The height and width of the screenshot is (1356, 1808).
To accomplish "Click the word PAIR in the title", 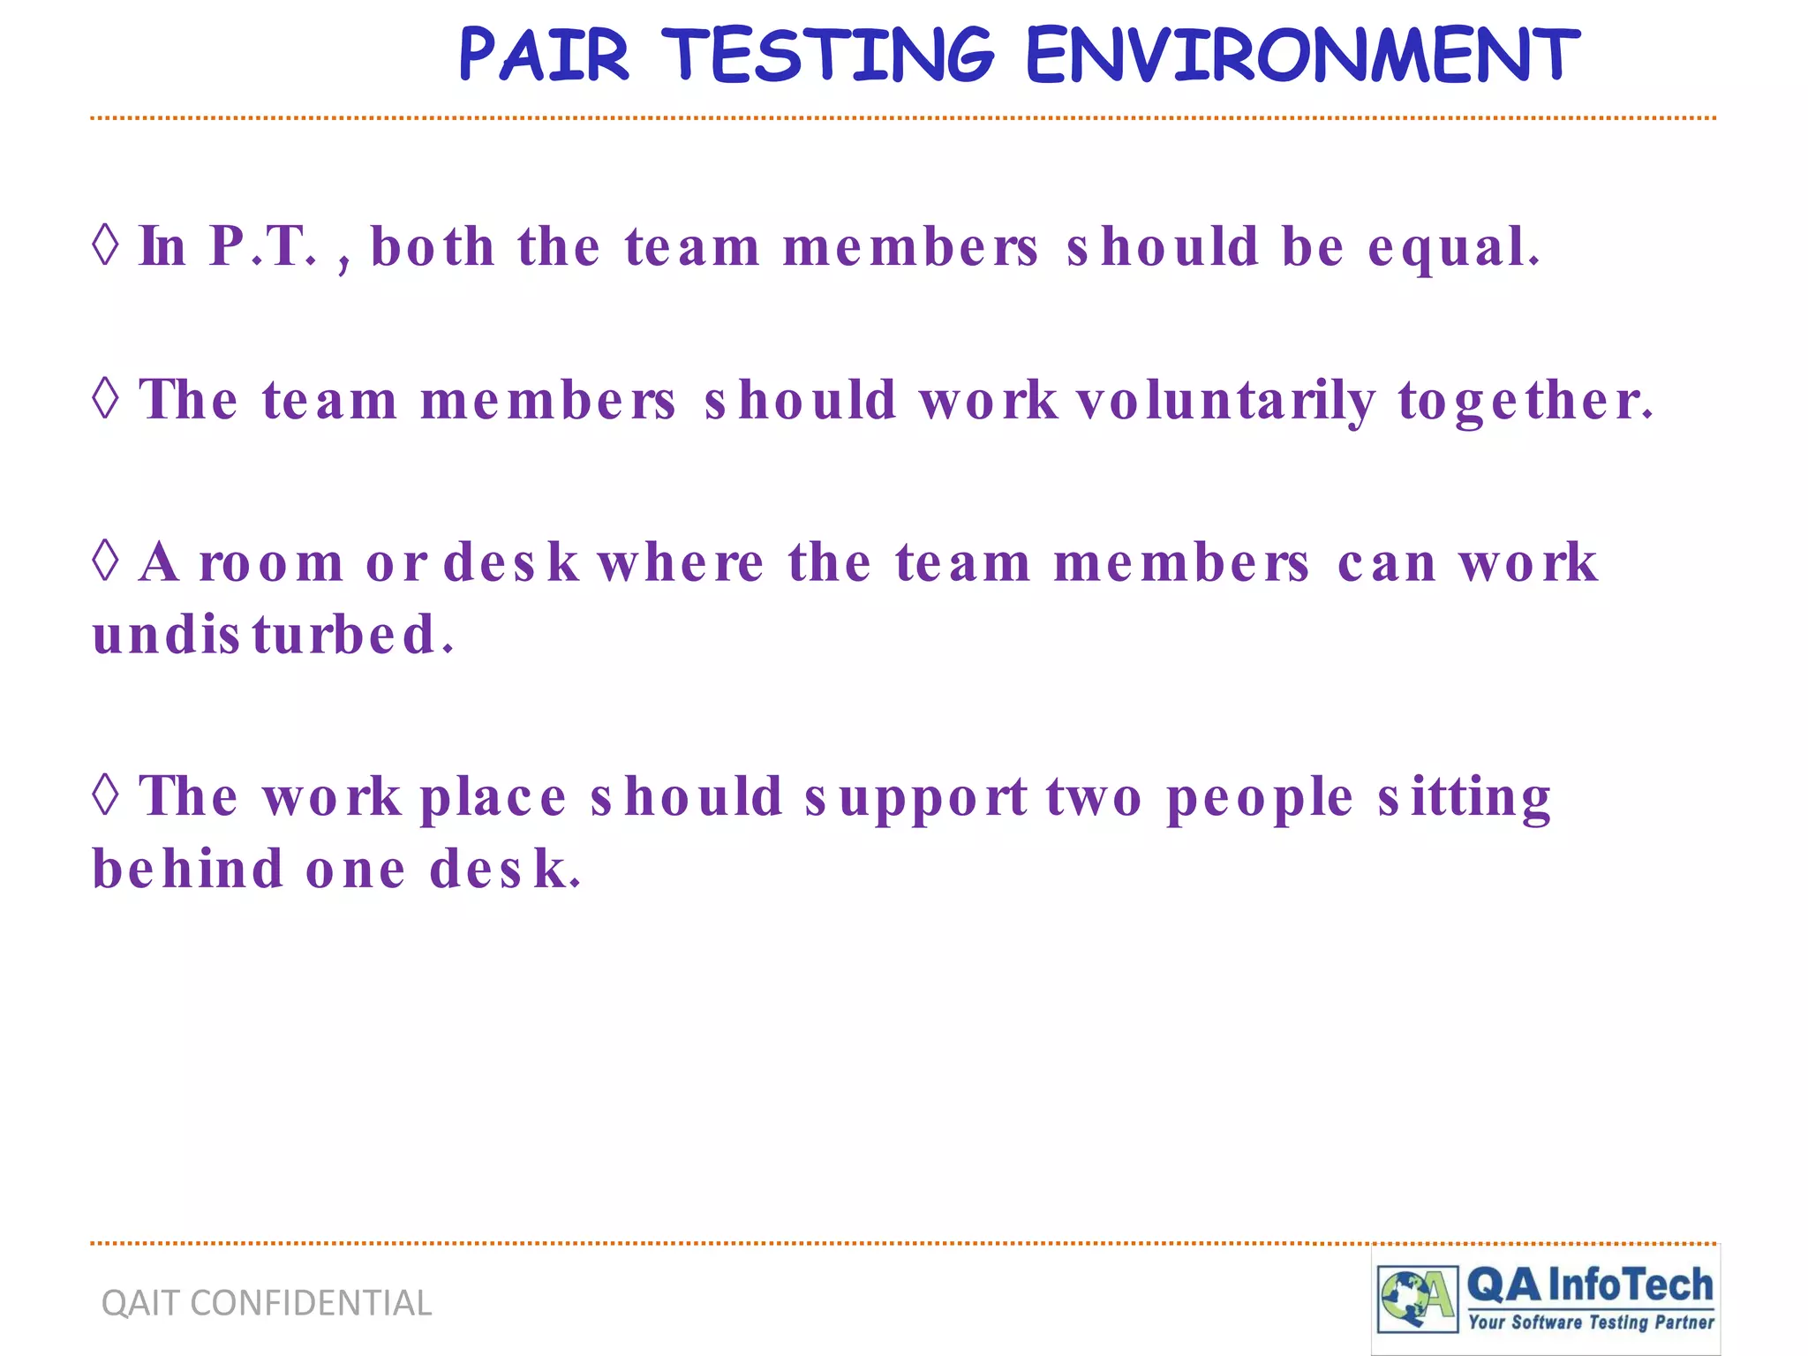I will pos(544,55).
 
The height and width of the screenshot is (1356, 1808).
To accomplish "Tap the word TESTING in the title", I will pos(828,55).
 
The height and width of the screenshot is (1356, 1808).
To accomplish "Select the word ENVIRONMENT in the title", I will pos(1302,55).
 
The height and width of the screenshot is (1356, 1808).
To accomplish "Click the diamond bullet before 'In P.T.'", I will pos(105,244).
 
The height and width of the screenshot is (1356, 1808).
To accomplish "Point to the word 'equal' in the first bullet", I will pos(1452,246).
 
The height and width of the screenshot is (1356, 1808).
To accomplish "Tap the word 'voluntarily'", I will pos(1225,401).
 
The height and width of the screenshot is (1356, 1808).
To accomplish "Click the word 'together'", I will pos(1524,401).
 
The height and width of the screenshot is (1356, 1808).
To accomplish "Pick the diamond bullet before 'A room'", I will pos(105,561).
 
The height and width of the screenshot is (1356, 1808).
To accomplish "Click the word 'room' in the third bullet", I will pos(271,563).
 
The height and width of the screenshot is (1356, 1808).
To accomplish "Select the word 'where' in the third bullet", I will pos(681,562).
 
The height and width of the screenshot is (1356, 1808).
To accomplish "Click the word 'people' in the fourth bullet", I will pos(1260,798).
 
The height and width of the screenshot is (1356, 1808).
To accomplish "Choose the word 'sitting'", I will pos(1464,798).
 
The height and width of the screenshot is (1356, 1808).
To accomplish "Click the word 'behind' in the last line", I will pos(188,869).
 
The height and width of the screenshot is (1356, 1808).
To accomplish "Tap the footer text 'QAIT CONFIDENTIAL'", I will pos(267,1303).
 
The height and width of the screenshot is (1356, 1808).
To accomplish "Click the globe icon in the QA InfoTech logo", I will pos(1405,1298).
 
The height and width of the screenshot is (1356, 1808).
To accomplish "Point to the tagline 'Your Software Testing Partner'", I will pos(1591,1322).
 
